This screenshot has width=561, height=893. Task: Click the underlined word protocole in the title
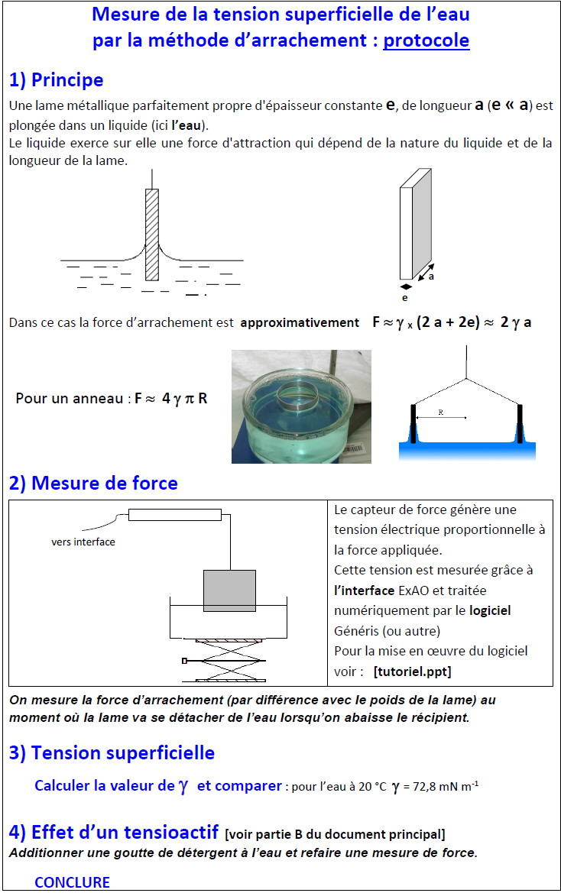point(426,40)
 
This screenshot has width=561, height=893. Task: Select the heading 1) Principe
point(56,80)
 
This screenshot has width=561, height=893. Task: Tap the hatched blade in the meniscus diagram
point(152,234)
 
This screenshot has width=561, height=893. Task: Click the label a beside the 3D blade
point(431,276)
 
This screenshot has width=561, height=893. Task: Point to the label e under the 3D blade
point(405,298)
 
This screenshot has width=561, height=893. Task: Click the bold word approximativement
point(300,322)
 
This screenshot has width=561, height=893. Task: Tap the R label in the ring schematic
point(441,413)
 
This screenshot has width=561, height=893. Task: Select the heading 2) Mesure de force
point(93,484)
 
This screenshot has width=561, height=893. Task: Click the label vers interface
point(83,542)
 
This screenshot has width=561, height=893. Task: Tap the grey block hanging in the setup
point(229,590)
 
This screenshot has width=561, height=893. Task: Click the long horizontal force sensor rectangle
point(174,515)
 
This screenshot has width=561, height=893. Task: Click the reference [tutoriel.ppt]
point(412,671)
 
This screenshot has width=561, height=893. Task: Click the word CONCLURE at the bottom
point(72,882)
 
